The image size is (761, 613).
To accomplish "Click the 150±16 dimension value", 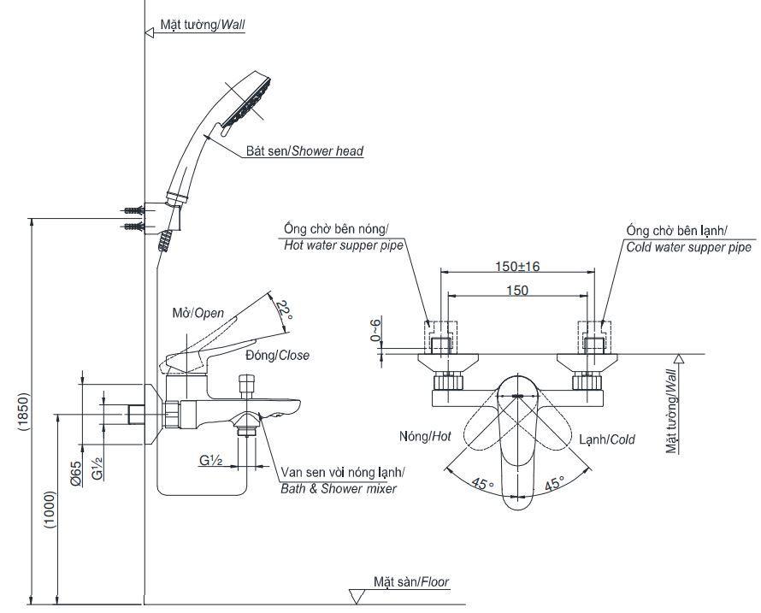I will tap(517, 266).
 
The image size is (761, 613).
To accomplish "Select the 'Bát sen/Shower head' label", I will tap(304, 151).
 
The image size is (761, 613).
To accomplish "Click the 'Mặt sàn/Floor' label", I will tap(410, 582).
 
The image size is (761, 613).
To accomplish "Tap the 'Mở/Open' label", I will tap(198, 313).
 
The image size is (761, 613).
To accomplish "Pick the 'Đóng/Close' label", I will tap(277, 355).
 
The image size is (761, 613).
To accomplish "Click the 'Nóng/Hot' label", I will tap(424, 436).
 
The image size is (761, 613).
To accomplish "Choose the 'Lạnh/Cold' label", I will tap(607, 439).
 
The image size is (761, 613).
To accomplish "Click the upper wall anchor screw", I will tap(133, 209).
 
